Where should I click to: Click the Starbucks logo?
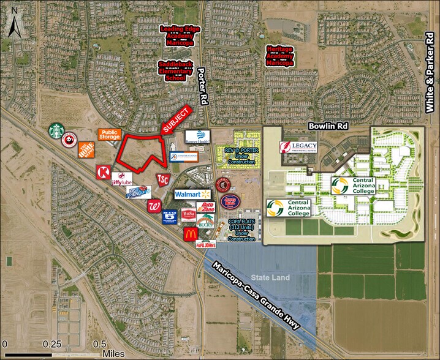[x=57, y=130]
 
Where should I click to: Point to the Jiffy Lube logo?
[x=121, y=179]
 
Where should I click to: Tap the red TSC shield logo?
[x=163, y=179]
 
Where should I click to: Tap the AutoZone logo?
[x=206, y=208]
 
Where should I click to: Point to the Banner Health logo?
[x=197, y=136]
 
